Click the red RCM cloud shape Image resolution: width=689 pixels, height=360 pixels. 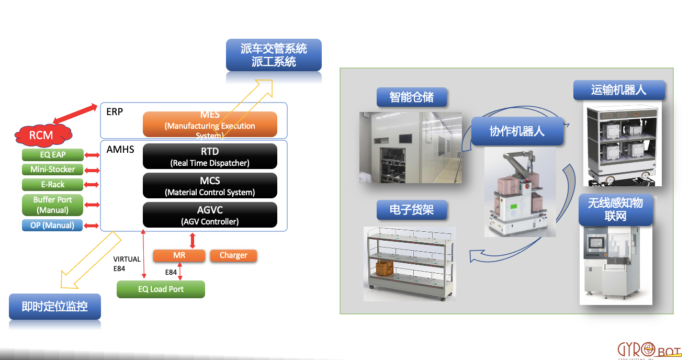coord(41,135)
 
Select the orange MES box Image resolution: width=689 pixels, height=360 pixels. coord(210,125)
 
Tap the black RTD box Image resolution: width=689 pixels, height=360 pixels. coord(210,156)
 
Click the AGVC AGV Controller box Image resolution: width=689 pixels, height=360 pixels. coord(210,215)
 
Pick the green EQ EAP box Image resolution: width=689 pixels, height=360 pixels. coord(52,155)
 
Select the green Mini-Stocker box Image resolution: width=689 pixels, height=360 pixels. coord(52,170)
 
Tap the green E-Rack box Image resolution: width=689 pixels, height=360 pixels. coord(52,185)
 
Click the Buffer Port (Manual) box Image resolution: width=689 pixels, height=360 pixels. coord(52,205)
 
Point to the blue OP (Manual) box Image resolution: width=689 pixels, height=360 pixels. coord(52,226)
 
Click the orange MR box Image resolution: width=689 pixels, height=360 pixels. coord(179,255)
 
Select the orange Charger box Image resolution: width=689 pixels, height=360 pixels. coord(233,255)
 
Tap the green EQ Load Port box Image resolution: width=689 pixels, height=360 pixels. coord(161,289)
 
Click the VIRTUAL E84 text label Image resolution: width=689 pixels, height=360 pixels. coord(127,263)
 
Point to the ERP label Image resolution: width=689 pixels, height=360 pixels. coord(115,111)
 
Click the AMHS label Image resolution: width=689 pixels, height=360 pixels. coord(120,150)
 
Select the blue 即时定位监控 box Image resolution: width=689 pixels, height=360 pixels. coord(54,307)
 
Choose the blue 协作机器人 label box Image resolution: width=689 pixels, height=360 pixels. coord(517,131)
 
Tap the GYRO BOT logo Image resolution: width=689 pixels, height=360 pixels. coord(649,350)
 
